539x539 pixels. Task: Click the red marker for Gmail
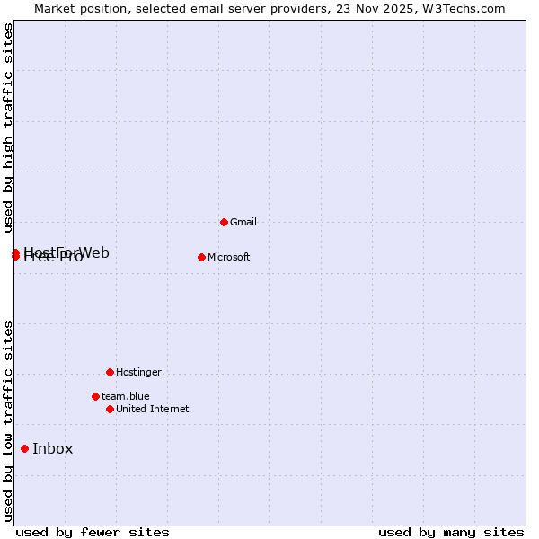[224, 222]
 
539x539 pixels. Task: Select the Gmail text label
[243, 222]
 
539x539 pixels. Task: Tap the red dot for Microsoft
[201, 257]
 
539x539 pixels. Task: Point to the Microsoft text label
[228, 258]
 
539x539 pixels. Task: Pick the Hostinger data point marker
[110, 372]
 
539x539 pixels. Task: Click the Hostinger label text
[138, 372]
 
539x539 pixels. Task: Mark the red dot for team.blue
[95, 396]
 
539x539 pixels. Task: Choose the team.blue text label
[125, 396]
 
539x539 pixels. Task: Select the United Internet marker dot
[110, 409]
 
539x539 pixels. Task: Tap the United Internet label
[152, 409]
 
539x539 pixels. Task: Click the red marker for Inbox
[24, 448]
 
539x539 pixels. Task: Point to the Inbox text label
[52, 449]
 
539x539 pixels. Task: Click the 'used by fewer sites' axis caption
[93, 533]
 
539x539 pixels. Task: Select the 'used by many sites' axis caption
[450, 533]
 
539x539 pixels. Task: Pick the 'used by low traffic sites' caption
[8, 420]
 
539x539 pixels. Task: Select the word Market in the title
[56, 8]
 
